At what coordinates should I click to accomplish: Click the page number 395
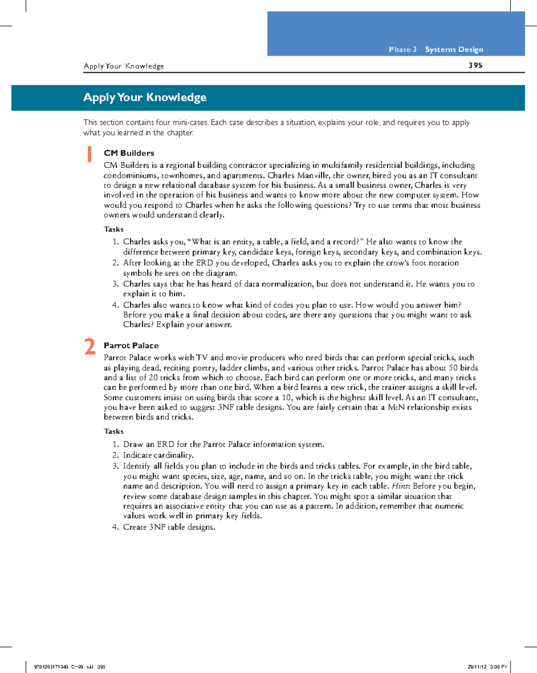[x=475, y=65]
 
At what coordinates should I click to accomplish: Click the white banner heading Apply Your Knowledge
[x=145, y=97]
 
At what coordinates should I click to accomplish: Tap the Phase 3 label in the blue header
[x=402, y=49]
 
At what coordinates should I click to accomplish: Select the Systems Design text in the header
[x=454, y=49]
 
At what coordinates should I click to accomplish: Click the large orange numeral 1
[x=89, y=154]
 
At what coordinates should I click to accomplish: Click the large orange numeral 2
[x=90, y=347]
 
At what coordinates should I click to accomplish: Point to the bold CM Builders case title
[x=129, y=153]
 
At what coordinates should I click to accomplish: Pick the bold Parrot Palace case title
[x=131, y=345]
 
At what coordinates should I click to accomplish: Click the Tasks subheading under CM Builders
[x=114, y=229]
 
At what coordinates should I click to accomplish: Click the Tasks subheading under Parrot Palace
[x=114, y=431]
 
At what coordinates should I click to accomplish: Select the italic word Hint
[x=401, y=486]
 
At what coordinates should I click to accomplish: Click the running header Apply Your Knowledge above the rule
[x=124, y=66]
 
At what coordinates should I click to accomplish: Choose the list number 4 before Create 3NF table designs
[x=115, y=527]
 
